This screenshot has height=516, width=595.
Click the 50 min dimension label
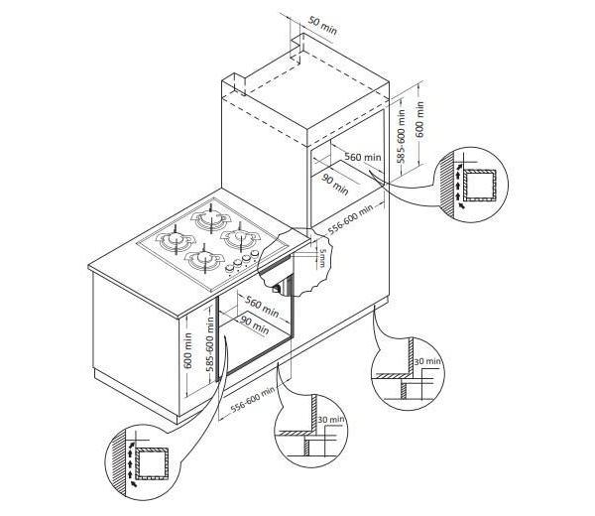click(x=322, y=25)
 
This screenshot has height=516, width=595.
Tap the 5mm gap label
click(x=321, y=257)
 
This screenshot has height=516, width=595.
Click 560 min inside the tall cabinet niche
click(x=363, y=157)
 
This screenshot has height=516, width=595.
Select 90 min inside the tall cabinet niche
click(x=335, y=184)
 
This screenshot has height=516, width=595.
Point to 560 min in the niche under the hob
click(x=262, y=307)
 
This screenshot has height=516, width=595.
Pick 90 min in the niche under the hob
click(x=255, y=324)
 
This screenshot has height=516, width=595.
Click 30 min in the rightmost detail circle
click(x=426, y=361)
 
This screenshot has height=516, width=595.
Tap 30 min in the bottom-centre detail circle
click(x=331, y=419)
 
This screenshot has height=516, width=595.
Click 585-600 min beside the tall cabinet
click(x=402, y=136)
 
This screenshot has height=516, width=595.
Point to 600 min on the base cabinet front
click(x=187, y=350)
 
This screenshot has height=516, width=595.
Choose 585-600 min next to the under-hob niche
click(x=210, y=344)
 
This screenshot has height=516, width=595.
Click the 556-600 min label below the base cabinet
click(x=252, y=399)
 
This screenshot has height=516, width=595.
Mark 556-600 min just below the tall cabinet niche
click(x=350, y=219)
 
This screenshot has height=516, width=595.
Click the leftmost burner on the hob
click(x=175, y=240)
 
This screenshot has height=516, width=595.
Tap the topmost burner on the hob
click(x=211, y=218)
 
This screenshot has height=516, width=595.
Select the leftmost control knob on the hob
click(x=230, y=268)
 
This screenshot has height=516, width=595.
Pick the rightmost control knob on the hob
click(x=254, y=254)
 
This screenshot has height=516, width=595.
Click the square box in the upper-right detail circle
click(x=480, y=185)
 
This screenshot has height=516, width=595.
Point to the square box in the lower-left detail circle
click(x=152, y=463)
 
